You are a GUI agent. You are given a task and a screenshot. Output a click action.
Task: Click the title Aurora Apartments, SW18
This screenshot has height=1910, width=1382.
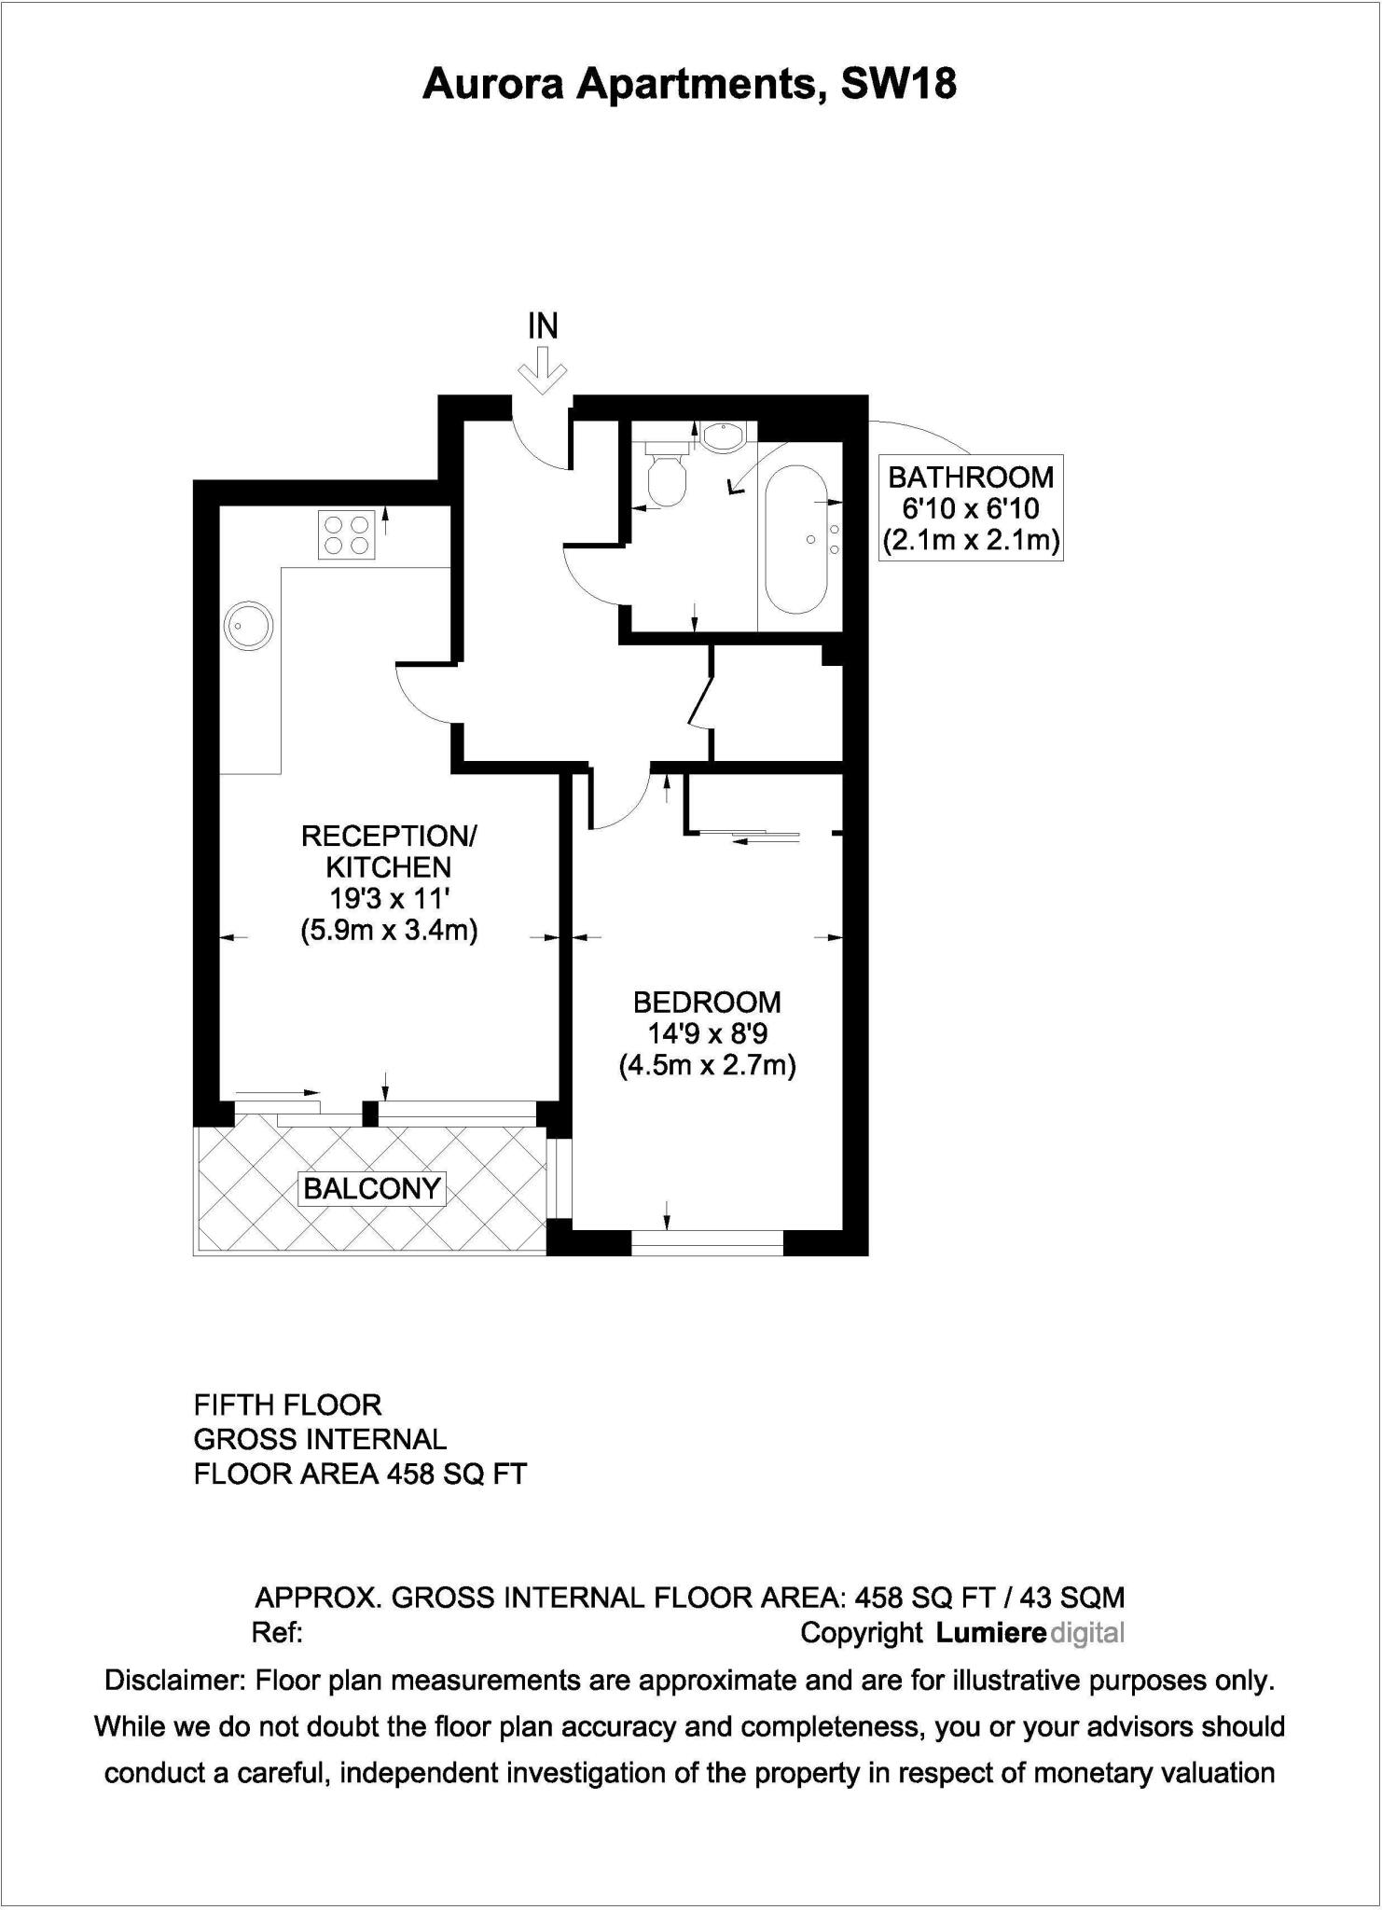[690, 85]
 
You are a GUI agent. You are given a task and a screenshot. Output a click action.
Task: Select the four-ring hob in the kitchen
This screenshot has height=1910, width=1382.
[347, 534]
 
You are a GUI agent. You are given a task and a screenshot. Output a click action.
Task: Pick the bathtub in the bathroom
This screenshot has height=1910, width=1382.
[795, 538]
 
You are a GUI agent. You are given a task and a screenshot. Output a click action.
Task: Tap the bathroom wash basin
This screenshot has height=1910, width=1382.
[721, 436]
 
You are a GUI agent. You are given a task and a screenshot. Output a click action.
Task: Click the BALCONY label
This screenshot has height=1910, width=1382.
[372, 1188]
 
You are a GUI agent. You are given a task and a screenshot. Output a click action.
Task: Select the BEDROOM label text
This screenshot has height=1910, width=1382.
[707, 1003]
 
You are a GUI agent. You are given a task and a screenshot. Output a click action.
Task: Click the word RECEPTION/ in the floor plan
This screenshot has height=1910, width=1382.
[389, 836]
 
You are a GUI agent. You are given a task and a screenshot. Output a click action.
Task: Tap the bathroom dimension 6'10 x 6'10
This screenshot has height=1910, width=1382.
[970, 508]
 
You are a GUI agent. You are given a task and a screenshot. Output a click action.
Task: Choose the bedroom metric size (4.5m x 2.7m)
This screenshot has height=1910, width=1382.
[707, 1065]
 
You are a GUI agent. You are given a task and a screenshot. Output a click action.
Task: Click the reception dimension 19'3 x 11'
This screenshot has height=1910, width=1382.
[389, 899]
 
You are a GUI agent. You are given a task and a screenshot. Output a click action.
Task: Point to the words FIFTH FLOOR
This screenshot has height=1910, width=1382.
[287, 1405]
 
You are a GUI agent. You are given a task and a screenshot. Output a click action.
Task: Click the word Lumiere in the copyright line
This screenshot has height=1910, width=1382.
[990, 1633]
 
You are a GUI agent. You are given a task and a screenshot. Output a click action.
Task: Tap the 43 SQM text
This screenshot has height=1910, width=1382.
[1072, 1598]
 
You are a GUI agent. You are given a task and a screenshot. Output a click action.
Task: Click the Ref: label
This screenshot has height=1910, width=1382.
[277, 1633]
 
